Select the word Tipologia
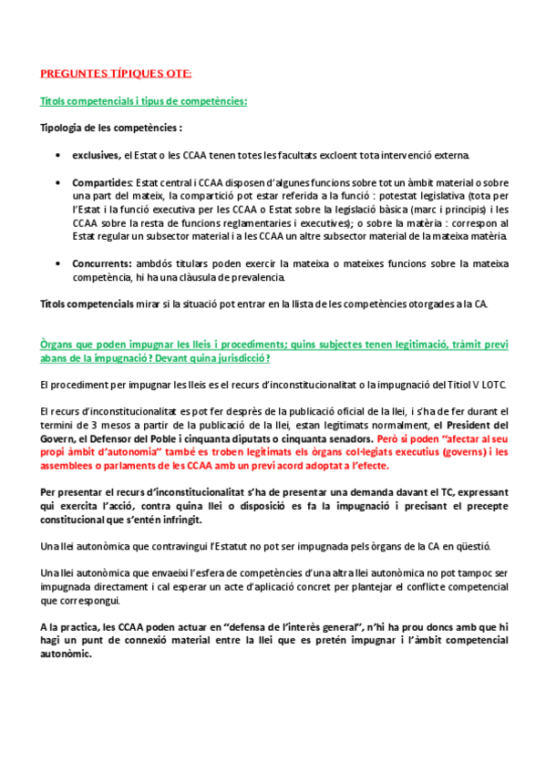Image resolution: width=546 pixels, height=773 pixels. [65, 128]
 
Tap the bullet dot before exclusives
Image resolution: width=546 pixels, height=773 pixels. [59, 156]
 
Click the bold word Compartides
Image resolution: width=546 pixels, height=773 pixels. [102, 182]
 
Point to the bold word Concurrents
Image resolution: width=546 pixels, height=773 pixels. [104, 263]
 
